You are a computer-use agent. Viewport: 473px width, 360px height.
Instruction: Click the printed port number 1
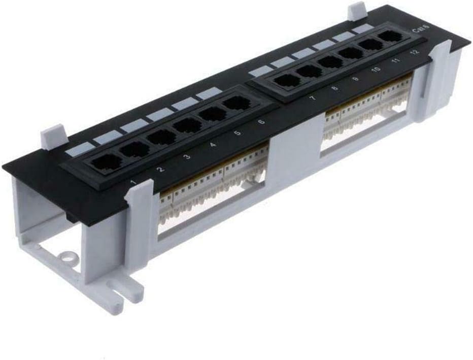133,181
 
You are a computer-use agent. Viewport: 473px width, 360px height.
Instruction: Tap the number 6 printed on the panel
261,122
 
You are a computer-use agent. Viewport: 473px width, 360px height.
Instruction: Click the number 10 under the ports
376,69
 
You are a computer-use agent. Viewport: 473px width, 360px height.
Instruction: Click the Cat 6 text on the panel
419,30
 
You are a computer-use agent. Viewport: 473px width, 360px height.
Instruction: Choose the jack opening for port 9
330,62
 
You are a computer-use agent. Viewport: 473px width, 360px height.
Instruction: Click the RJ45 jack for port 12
389,37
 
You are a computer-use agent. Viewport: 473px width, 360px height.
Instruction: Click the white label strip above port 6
209,93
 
